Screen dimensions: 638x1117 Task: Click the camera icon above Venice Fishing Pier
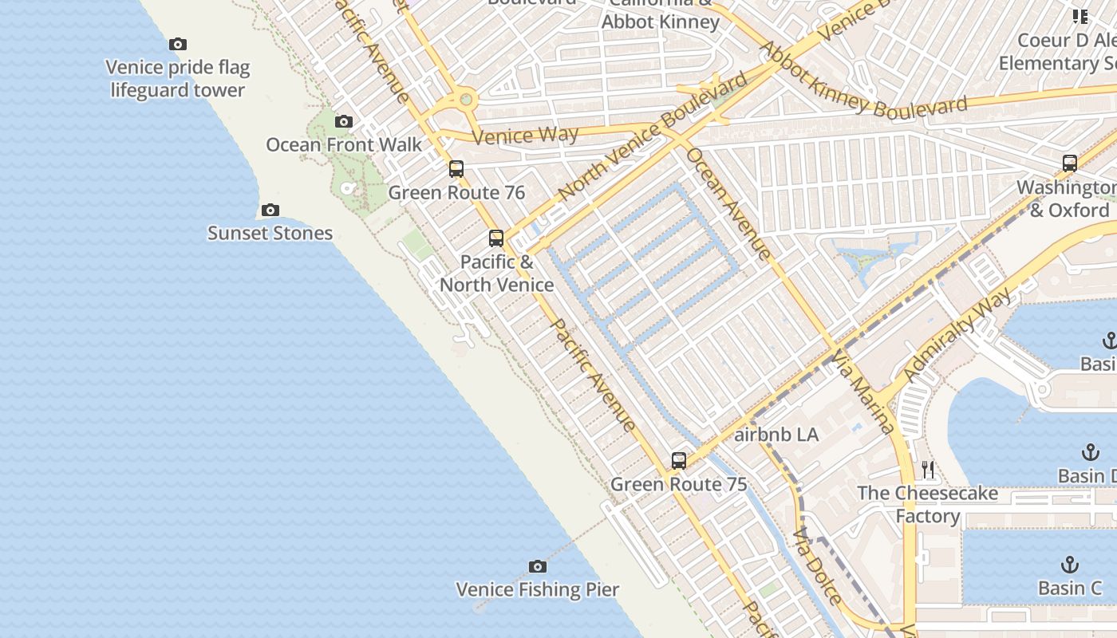tap(538, 566)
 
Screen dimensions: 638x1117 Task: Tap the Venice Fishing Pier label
tap(538, 590)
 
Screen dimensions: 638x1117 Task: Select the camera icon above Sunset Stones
tap(270, 210)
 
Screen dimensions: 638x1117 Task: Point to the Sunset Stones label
tap(270, 233)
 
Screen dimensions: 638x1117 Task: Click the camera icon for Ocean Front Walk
tap(344, 121)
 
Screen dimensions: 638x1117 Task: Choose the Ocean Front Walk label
tap(344, 144)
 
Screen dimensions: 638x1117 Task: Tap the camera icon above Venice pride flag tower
tap(178, 44)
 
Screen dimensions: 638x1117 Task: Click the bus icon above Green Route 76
tap(456, 168)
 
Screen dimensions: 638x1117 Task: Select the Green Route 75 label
tap(679, 484)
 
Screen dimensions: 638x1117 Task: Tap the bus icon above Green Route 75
tap(679, 460)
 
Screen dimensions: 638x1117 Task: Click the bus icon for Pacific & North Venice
tap(496, 238)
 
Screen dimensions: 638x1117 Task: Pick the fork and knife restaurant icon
tap(927, 469)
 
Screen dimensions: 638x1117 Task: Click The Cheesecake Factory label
tap(927, 504)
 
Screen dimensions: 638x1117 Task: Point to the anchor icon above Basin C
tap(1069, 565)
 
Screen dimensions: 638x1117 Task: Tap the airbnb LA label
tap(776, 435)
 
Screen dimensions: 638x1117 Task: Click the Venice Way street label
tap(525, 135)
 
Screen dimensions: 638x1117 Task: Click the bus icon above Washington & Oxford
tap(1070, 163)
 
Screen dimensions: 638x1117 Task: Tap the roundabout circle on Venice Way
tap(465, 100)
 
